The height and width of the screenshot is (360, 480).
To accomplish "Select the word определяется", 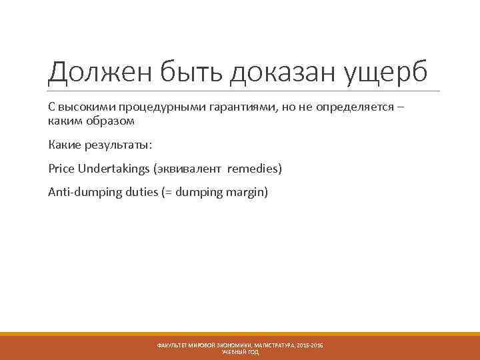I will coord(345,109).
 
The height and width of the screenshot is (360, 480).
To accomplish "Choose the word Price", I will coord(61,169).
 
